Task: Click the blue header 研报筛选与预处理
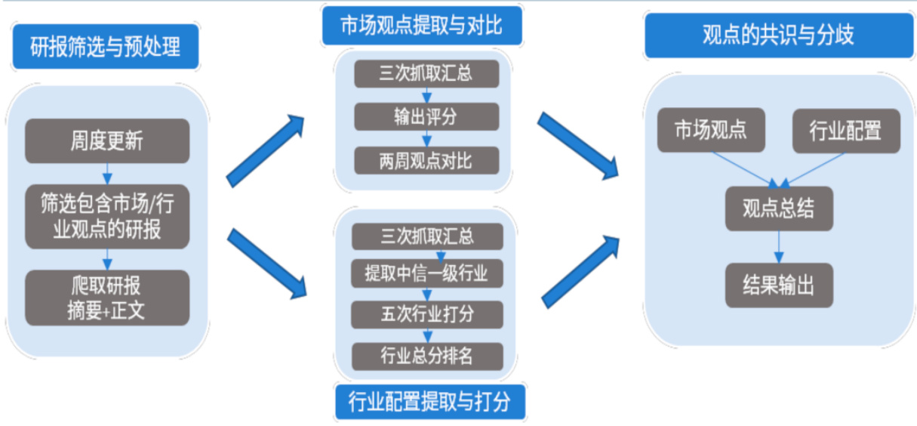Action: pyautogui.click(x=106, y=48)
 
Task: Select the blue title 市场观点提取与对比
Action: pyautogui.click(x=421, y=26)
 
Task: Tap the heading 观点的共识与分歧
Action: pyautogui.click(x=777, y=35)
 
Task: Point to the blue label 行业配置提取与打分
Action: pyautogui.click(x=429, y=402)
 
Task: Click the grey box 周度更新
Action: pyautogui.click(x=106, y=140)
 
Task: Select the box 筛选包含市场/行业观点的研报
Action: pyautogui.click(x=106, y=215)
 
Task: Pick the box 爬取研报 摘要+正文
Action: pyautogui.click(x=106, y=298)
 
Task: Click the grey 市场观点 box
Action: pyautogui.click(x=710, y=130)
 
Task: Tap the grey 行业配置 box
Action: pyautogui.click(x=845, y=130)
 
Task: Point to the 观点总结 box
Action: pyautogui.click(x=778, y=208)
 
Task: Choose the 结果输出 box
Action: pyautogui.click(x=778, y=285)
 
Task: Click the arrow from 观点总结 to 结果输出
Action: pyautogui.click(x=778, y=247)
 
